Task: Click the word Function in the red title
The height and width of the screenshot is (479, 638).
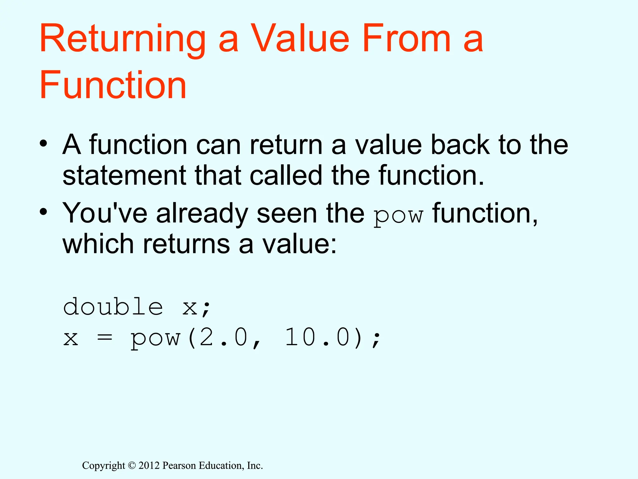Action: pyautogui.click(x=113, y=85)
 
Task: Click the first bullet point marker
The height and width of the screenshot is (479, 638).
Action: pyautogui.click(x=43, y=144)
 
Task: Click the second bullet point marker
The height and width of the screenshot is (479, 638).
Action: pyautogui.click(x=43, y=212)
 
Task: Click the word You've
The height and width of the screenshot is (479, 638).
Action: pyautogui.click(x=105, y=213)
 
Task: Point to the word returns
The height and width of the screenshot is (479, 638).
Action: pyautogui.click(x=186, y=244)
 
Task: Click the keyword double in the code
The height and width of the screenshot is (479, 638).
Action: pyautogui.click(x=113, y=307)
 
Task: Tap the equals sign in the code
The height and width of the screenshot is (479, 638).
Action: pyautogui.click(x=104, y=338)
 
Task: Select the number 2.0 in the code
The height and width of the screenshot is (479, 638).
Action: pyautogui.click(x=223, y=337)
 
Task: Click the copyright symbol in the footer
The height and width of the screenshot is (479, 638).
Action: pyautogui.click(x=132, y=466)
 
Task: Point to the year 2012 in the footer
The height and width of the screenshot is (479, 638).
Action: pyautogui.click(x=149, y=466)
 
